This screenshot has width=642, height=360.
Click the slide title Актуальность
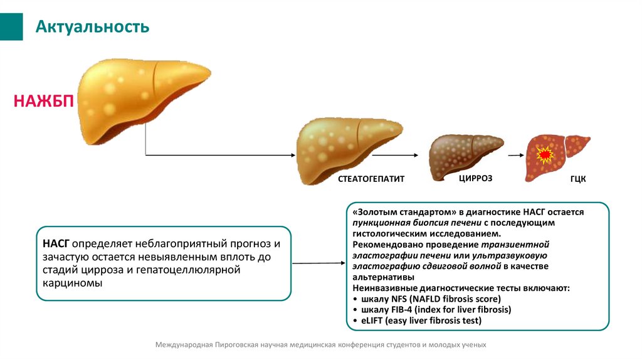click(x=92, y=26)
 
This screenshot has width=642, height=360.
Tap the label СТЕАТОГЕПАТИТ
click(x=371, y=179)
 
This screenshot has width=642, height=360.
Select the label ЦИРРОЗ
click(x=475, y=178)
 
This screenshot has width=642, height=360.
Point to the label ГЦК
click(x=577, y=179)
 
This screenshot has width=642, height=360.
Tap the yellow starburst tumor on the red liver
click(x=544, y=154)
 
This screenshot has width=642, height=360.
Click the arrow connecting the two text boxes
click(x=318, y=263)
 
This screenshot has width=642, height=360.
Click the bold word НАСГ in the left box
click(x=56, y=243)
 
